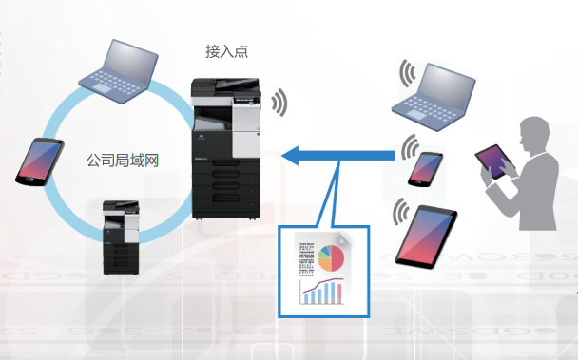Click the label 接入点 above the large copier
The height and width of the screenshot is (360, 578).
(226, 51)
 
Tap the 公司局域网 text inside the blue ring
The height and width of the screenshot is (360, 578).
(123, 161)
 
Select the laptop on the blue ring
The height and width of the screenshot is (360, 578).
(118, 71)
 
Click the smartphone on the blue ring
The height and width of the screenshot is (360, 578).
(40, 161)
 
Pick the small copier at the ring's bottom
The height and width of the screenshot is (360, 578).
(122, 237)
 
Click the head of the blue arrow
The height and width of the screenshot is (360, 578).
(290, 156)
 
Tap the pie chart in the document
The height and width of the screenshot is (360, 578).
(331, 258)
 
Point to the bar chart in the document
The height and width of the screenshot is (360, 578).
(322, 292)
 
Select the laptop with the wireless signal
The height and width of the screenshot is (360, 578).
(433, 97)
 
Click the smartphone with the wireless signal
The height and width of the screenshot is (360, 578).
(426, 169)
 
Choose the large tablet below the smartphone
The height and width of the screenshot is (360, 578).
(426, 237)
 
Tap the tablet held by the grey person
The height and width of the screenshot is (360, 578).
(495, 161)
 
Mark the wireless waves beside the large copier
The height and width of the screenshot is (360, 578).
(279, 103)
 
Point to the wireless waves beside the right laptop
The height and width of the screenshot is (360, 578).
(408, 73)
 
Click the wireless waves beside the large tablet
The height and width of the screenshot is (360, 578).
(401, 212)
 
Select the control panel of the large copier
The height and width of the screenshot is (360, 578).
(246, 100)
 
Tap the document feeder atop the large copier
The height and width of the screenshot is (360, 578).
(225, 85)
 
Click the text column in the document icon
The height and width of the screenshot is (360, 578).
(307, 259)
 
